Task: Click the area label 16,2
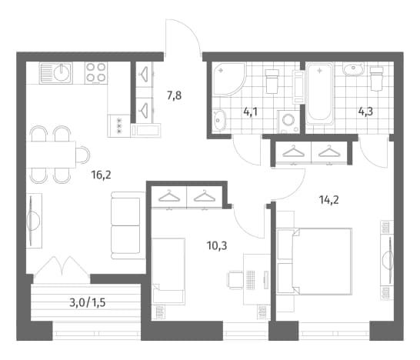(x=101, y=175)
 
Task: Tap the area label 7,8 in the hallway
(x=174, y=95)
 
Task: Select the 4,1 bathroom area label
(x=251, y=112)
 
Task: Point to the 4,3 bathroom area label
(x=365, y=112)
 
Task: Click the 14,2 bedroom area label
(x=329, y=199)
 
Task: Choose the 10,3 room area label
(x=217, y=245)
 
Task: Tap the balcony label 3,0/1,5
(x=88, y=302)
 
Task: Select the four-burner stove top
(x=96, y=73)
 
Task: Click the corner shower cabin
(x=228, y=79)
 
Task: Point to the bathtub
(x=319, y=94)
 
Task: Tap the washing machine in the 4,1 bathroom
(x=288, y=122)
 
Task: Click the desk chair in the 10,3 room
(x=235, y=280)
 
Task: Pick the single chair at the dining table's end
(x=83, y=155)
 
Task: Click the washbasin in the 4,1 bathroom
(x=220, y=120)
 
